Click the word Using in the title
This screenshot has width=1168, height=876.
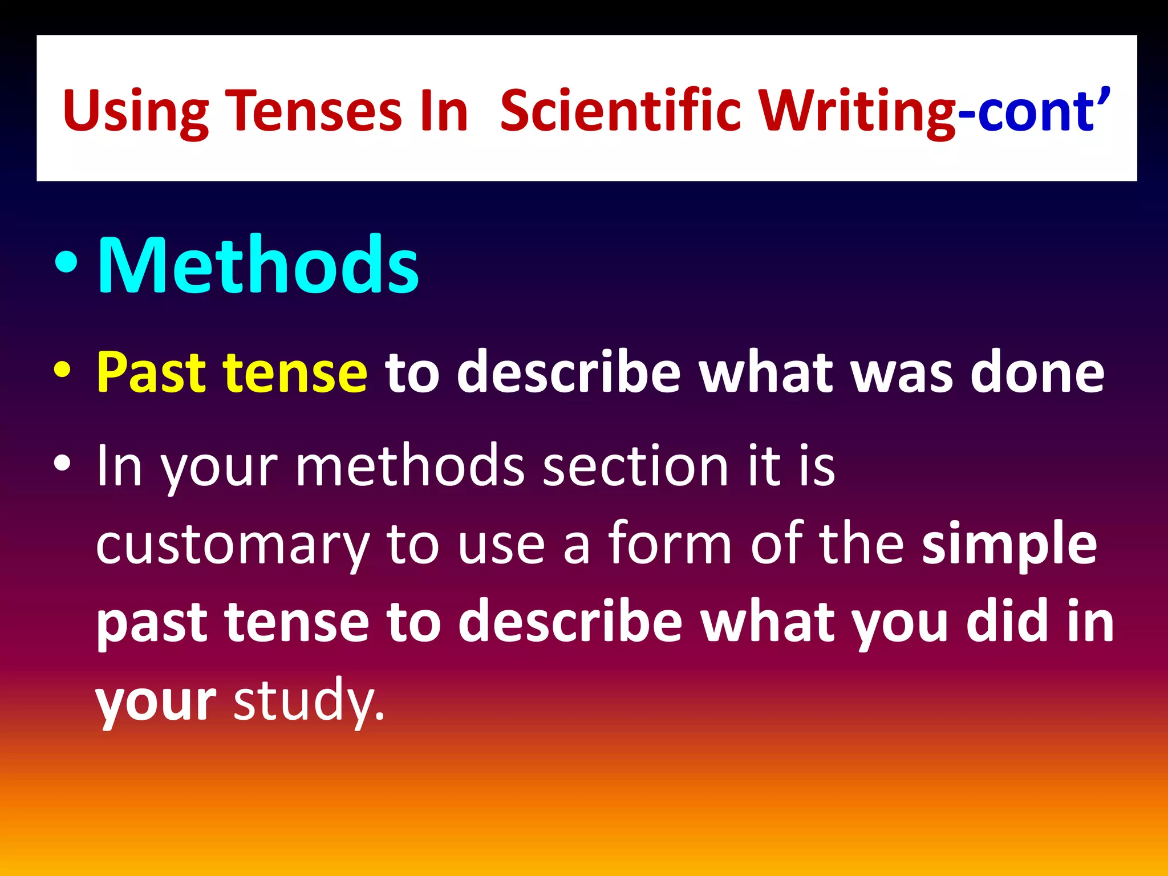[x=136, y=111]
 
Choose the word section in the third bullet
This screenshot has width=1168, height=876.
[x=635, y=466]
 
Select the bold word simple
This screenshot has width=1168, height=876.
[x=1009, y=545]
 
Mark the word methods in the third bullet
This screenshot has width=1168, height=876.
[x=409, y=466]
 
